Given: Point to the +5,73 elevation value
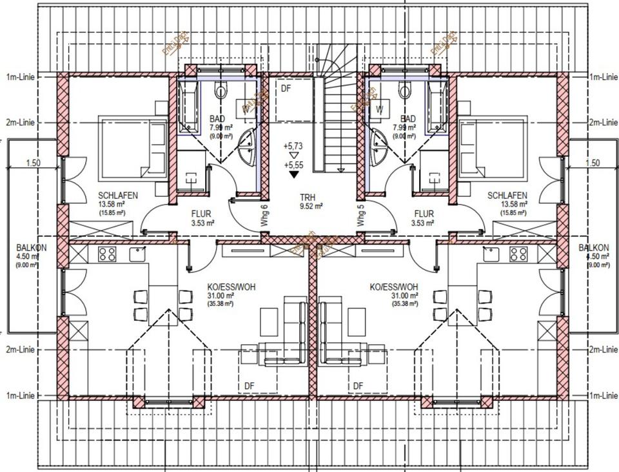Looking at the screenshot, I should click(x=293, y=146).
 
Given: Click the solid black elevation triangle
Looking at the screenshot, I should click(x=294, y=174).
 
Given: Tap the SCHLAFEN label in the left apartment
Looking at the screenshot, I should click(x=118, y=196).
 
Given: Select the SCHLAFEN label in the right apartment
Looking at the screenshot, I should click(x=507, y=196).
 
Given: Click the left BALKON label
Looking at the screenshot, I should click(x=31, y=247).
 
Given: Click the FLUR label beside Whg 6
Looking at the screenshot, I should click(x=202, y=213).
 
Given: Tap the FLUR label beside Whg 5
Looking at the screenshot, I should click(x=424, y=213).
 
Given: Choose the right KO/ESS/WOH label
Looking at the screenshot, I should click(x=394, y=287).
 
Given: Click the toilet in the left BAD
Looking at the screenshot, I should click(x=221, y=90).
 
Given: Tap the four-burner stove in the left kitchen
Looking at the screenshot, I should click(x=107, y=254).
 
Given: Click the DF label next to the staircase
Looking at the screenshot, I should click(x=286, y=89).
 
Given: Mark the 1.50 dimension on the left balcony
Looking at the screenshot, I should click(x=34, y=163).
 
